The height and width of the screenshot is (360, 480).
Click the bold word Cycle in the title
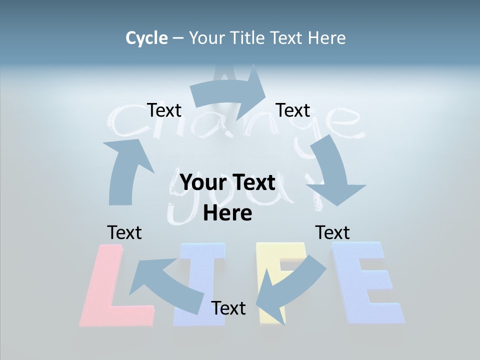146,38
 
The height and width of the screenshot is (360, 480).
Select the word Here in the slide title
325,38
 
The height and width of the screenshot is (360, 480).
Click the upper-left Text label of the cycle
164,110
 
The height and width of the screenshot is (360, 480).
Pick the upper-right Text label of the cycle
293,110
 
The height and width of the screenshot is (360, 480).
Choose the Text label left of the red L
124,232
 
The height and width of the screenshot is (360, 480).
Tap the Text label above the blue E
332,232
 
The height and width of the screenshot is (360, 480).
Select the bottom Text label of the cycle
228,308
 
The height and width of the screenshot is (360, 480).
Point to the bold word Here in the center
227,213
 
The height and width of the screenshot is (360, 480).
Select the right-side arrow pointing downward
334,170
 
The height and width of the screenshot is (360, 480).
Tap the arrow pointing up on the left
125,170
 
